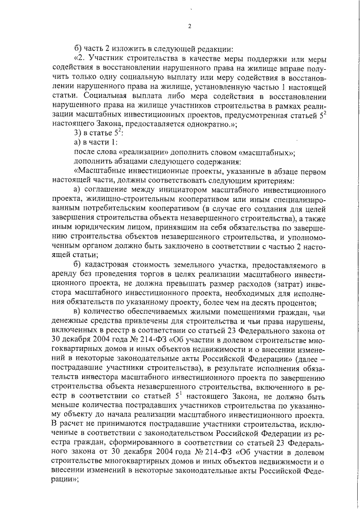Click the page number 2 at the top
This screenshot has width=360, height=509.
pos(190,26)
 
